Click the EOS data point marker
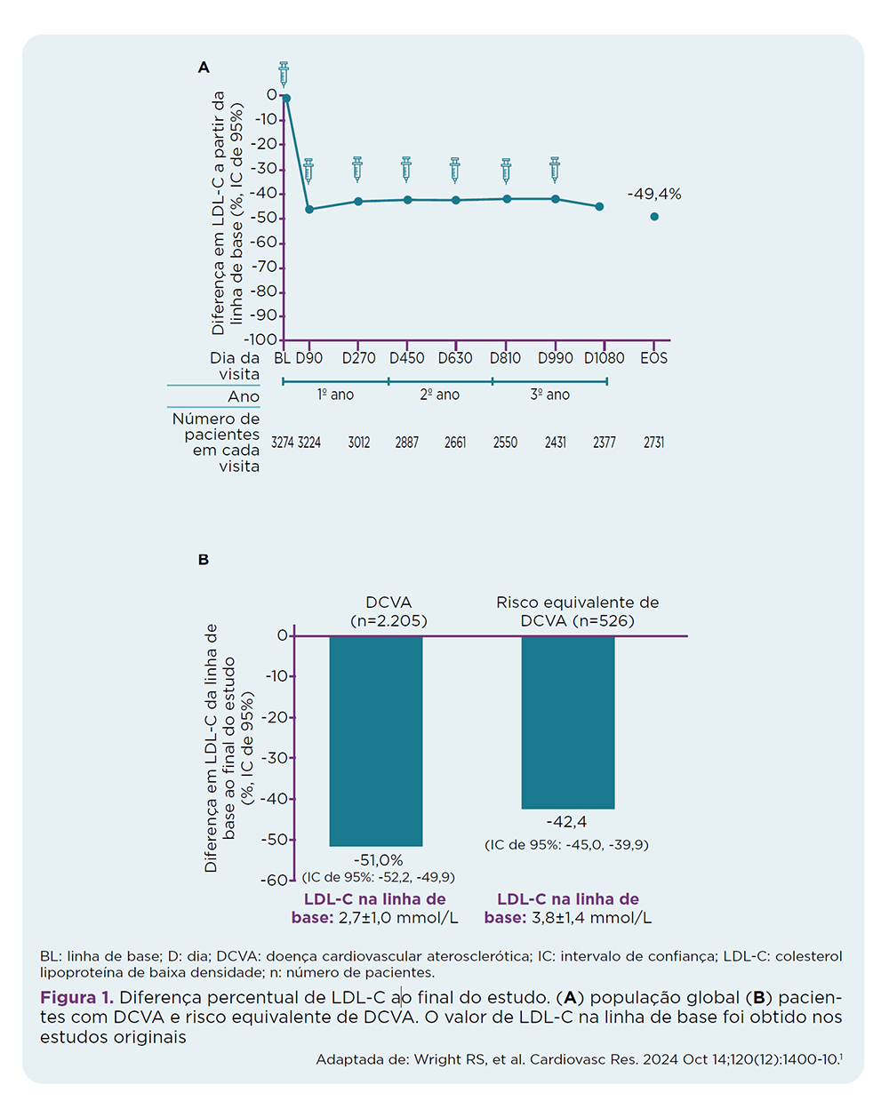[654, 217]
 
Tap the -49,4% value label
[654, 195]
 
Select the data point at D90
[309, 209]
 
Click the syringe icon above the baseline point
[284, 74]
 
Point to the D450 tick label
[406, 358]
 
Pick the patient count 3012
[359, 443]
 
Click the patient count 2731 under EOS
[653, 443]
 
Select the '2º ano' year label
[440, 395]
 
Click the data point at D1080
[599, 206]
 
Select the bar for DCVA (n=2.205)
[376, 740]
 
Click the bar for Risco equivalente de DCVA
[568, 722]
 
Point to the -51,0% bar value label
[378, 860]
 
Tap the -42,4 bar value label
[566, 823]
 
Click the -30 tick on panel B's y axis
[276, 758]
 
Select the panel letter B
[204, 560]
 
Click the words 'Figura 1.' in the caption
[76, 998]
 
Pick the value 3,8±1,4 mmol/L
[591, 918]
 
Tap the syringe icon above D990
[555, 169]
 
